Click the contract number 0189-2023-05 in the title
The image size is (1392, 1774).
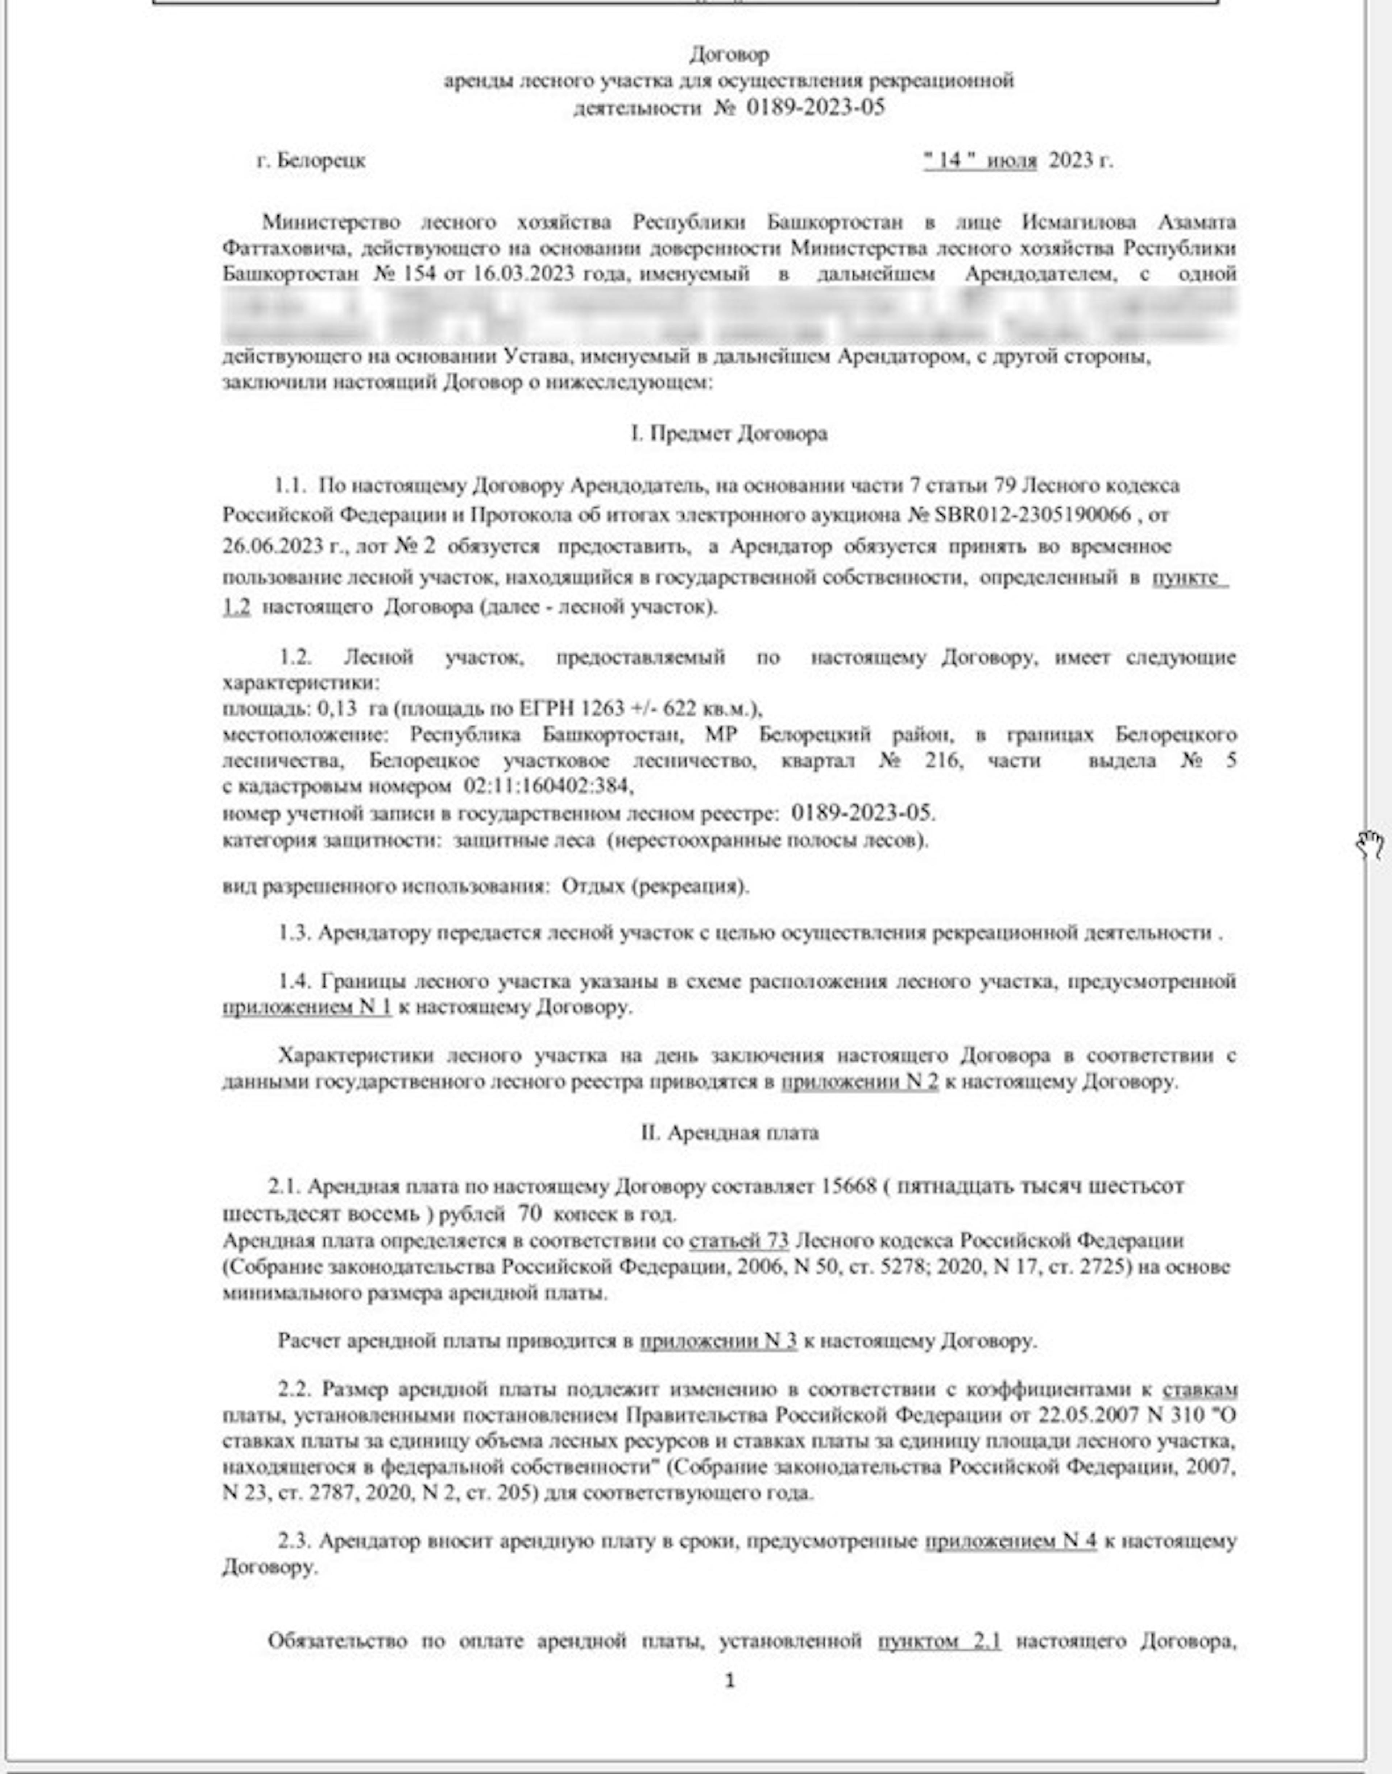coord(815,108)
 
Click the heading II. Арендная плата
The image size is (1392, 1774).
coord(729,1133)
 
